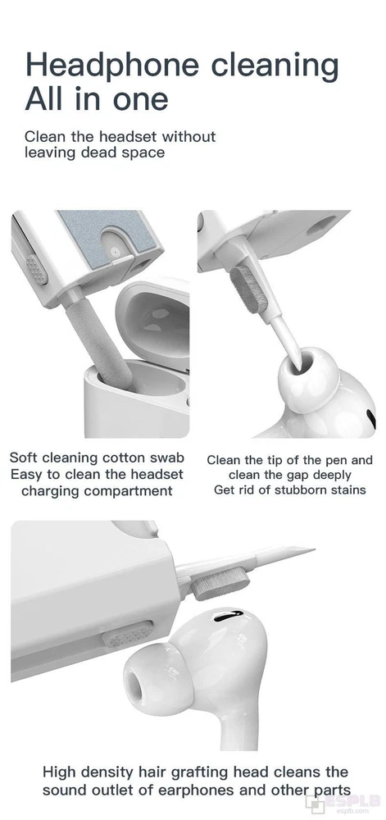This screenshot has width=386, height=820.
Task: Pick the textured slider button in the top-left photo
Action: click(36, 269)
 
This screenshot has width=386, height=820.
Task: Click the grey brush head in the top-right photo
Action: click(247, 289)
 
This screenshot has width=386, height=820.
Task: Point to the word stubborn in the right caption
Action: click(303, 490)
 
